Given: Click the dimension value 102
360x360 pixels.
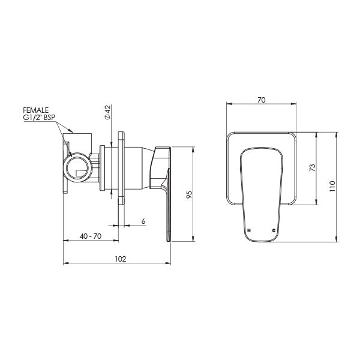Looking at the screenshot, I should (x=120, y=259).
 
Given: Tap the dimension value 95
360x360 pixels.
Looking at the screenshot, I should (x=188, y=194).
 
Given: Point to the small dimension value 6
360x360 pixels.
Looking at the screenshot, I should (x=143, y=221).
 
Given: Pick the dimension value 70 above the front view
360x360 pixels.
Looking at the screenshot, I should (x=262, y=101).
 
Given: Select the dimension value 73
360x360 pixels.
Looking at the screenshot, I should (x=311, y=167).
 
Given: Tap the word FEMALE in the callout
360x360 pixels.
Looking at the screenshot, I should (x=36, y=111).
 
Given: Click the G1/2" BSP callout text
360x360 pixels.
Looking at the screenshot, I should (x=40, y=119).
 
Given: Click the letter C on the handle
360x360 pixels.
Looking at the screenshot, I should (x=274, y=230).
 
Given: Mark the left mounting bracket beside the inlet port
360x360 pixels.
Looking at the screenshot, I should (x=65, y=168).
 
